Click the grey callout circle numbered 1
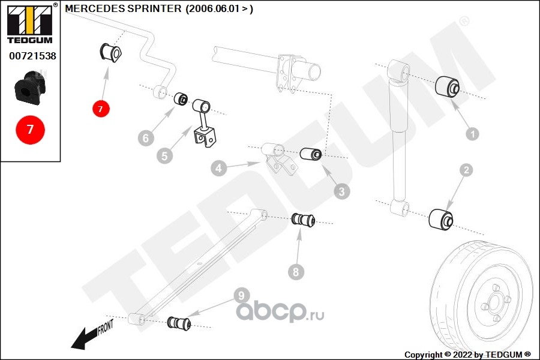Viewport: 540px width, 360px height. click(x=472, y=134)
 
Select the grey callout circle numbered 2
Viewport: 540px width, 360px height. click(x=466, y=171)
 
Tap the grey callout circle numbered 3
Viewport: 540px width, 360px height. click(x=341, y=192)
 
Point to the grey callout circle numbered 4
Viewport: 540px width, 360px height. click(x=218, y=169)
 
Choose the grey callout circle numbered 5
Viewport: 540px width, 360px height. click(x=164, y=156)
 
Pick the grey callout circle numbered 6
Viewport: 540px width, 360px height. click(x=145, y=139)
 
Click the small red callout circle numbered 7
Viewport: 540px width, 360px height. click(x=101, y=109)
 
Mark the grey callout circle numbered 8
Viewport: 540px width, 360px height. click(x=295, y=272)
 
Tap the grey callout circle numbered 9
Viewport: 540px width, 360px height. click(x=241, y=295)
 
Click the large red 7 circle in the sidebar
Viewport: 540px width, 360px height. click(x=30, y=129)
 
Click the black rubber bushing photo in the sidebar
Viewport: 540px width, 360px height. click(x=30, y=87)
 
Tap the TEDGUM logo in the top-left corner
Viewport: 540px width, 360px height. click(x=30, y=24)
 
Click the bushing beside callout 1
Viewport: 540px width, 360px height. click(x=447, y=88)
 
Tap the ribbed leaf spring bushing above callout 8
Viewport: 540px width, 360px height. click(x=304, y=219)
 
